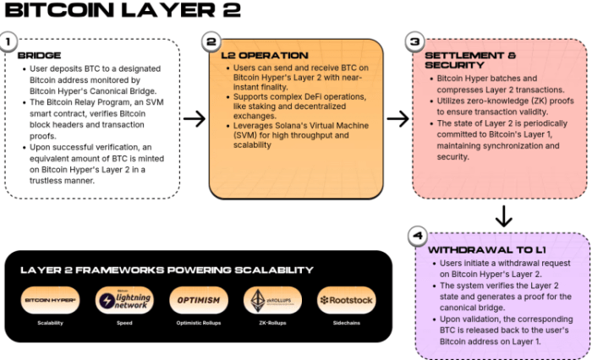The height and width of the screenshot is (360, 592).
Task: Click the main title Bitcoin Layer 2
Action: point(123,11)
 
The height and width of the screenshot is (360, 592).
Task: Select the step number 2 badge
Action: point(211,41)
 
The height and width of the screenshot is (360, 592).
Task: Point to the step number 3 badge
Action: point(414,41)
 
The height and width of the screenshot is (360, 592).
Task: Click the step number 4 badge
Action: point(414,236)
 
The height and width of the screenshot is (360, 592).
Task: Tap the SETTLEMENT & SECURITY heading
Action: point(469,61)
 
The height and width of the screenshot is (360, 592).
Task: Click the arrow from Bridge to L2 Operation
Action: point(195,118)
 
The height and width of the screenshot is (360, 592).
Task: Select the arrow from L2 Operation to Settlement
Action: point(397,118)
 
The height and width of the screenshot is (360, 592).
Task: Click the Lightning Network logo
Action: point(124,300)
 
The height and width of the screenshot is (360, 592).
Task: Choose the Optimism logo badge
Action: point(199,300)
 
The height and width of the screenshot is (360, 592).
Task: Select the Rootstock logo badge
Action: point(346,300)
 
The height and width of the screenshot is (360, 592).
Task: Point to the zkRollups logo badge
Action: point(272,300)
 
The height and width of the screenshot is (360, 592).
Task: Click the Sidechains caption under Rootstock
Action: point(346,323)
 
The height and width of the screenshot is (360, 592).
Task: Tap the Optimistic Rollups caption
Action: point(199,323)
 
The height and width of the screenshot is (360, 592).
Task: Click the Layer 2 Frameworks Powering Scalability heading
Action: point(167,270)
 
